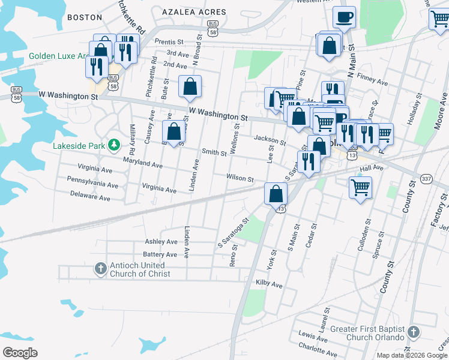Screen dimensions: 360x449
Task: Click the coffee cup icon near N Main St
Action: (344, 17)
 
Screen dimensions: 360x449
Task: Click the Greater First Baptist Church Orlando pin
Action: (413, 332)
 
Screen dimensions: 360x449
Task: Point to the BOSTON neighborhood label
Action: (85, 17)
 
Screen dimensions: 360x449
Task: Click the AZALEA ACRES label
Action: (194, 12)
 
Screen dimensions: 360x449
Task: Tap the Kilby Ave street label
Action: (268, 283)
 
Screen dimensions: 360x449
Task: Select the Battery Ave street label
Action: (161, 254)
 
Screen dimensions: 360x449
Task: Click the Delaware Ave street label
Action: (91, 197)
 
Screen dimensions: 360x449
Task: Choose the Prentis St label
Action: (169, 42)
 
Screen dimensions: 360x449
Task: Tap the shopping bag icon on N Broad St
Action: (190, 87)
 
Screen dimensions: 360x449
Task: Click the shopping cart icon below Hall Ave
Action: (360, 187)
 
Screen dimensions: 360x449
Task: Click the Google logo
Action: (20, 353)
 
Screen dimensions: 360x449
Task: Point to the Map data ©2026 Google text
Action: (411, 355)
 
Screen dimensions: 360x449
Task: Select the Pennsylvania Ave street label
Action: (92, 179)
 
